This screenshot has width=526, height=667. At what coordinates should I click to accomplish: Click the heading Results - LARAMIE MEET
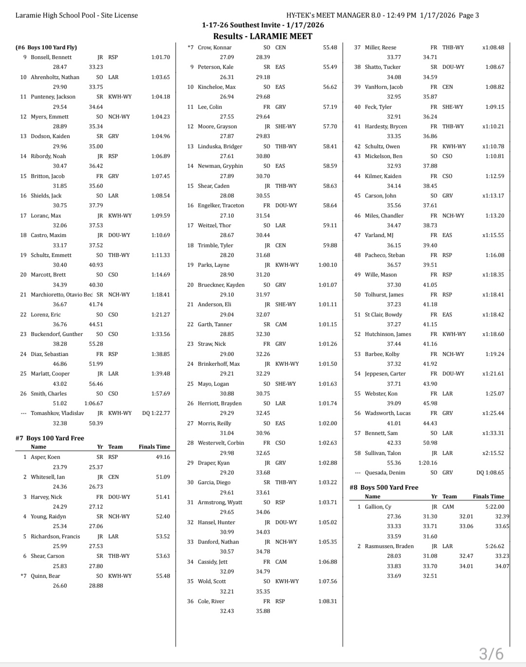pyautogui.click(x=263, y=36)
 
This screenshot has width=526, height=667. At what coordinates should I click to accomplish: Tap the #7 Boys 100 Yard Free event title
pyautogui.click(x=50, y=438)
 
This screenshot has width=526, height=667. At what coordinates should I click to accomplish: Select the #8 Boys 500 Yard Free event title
pyautogui.click(x=384, y=487)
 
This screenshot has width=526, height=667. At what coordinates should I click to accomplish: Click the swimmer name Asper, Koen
pyautogui.click(x=45, y=457)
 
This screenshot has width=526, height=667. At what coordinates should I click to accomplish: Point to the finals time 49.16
pyautogui.click(x=163, y=457)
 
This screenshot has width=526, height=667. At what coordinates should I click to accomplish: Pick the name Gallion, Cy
pyautogui.click(x=378, y=507)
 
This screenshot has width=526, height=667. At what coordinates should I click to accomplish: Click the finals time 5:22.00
pyautogui.click(x=494, y=507)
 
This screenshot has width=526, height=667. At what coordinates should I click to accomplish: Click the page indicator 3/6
pyautogui.click(x=491, y=653)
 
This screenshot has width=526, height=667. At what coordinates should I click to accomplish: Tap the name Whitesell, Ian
pyautogui.click(x=48, y=477)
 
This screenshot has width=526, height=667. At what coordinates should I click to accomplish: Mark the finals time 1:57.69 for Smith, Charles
pyautogui.click(x=160, y=393)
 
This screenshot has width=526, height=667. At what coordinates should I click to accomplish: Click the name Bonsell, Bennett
pyautogui.click(x=51, y=57)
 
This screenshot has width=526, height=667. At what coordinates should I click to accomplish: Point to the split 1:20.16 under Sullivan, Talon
pyautogui.click(x=428, y=463)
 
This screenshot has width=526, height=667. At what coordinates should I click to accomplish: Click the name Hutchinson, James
pyautogui.click(x=388, y=334)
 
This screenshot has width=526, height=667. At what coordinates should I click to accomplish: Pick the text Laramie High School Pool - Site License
pyautogui.click(x=76, y=15)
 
